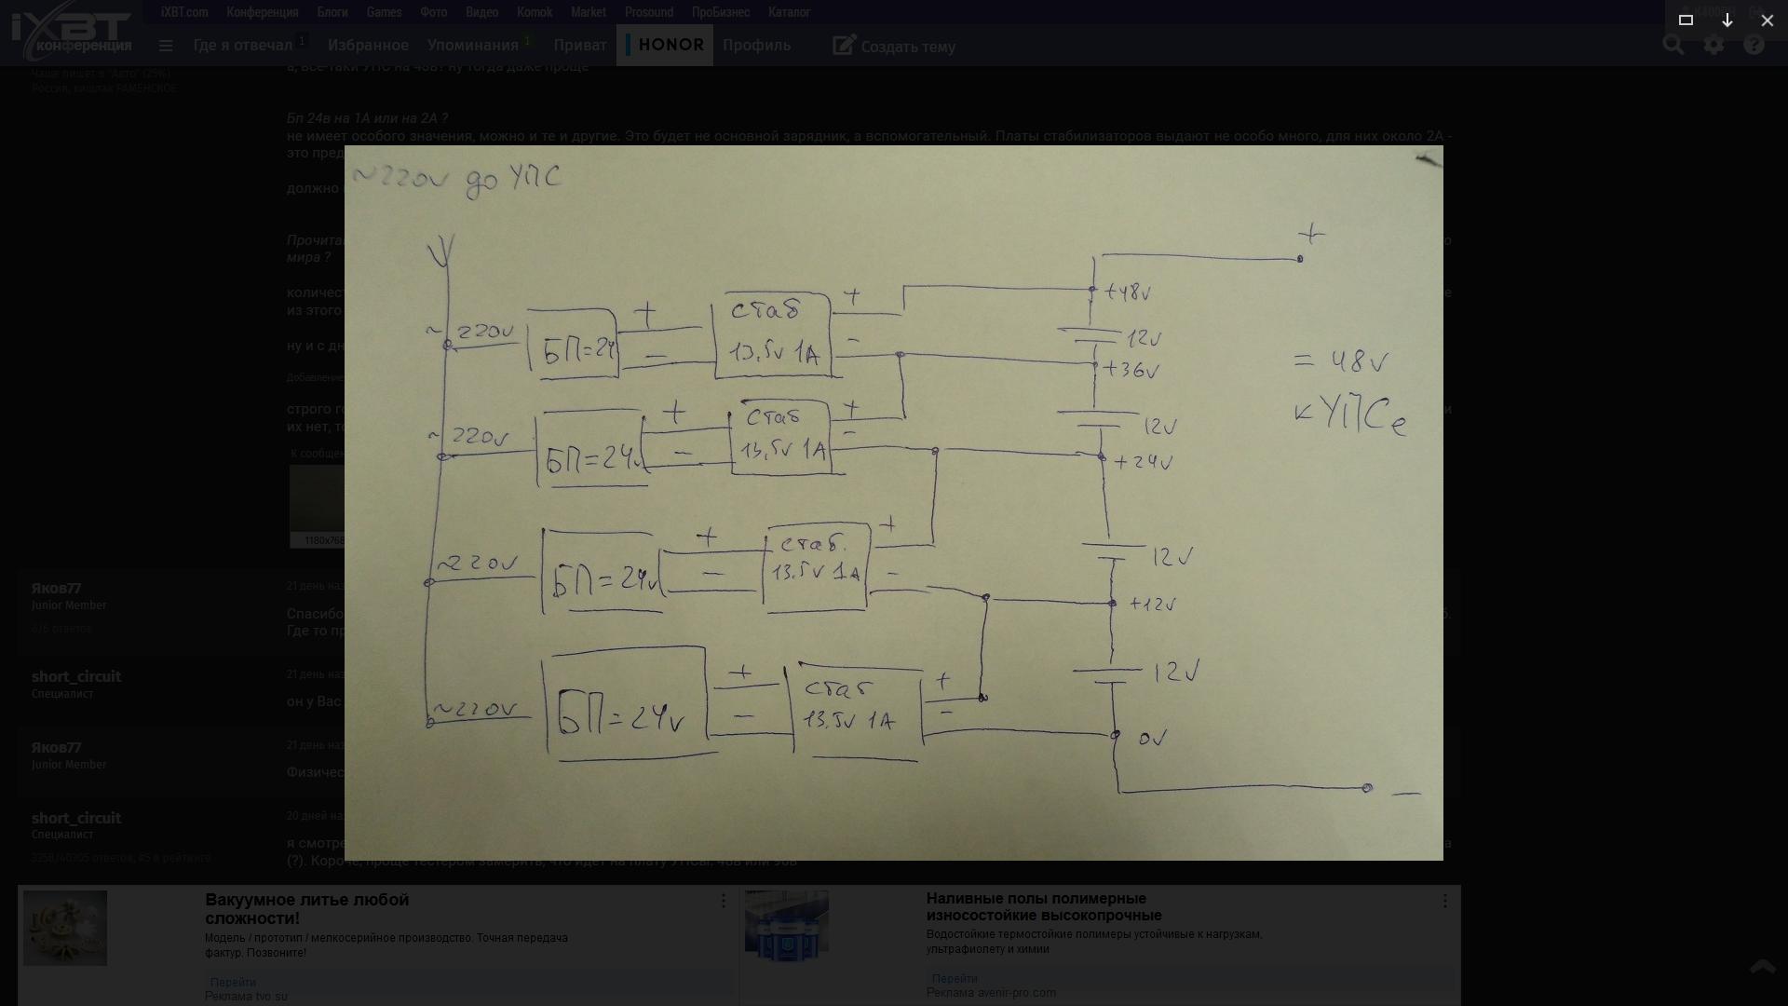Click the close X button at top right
point(1767,20)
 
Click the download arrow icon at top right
point(1727,20)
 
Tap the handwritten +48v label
point(1128,292)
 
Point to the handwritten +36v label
point(1131,370)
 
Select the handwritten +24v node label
point(1142,461)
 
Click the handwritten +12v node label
point(1152,604)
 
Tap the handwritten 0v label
point(1152,739)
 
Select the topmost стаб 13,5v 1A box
point(772,335)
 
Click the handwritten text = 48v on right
point(1340,360)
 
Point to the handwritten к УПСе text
point(1349,415)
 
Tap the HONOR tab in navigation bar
point(665,45)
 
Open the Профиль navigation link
point(756,45)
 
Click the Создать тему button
point(894,46)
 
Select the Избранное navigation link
point(368,45)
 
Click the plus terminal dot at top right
point(1300,259)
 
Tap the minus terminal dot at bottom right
point(1367,788)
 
